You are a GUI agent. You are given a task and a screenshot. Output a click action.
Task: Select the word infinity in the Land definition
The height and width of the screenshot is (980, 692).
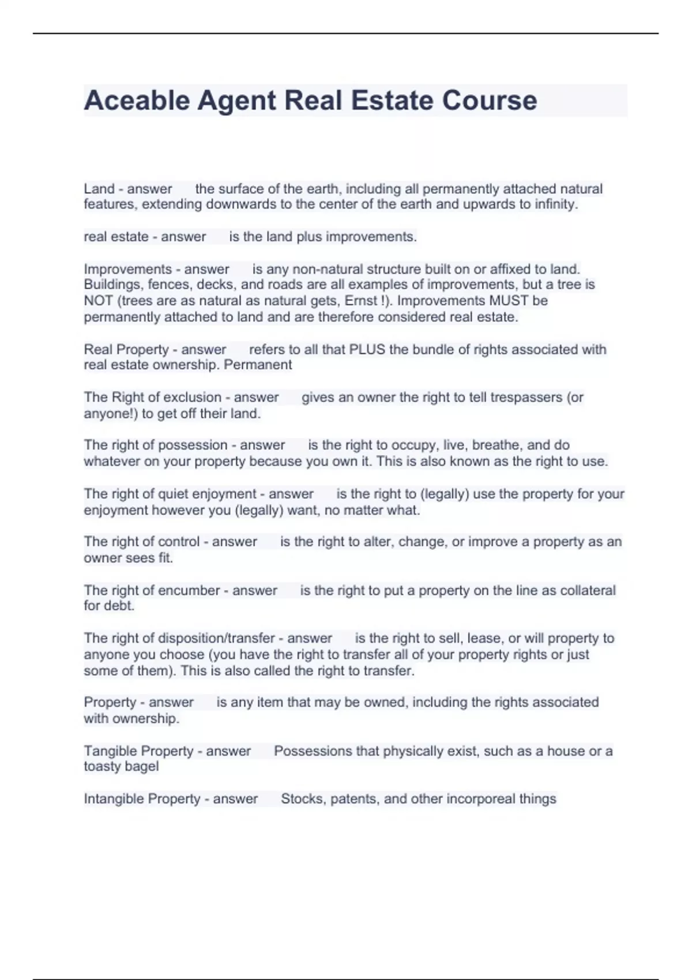click(x=555, y=204)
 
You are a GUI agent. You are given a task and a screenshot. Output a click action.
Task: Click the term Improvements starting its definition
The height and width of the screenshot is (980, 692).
click(x=127, y=269)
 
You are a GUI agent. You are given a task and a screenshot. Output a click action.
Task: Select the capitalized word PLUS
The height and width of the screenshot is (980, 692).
click(x=367, y=349)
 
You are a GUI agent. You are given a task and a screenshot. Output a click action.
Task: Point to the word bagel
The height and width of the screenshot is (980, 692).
click(x=142, y=766)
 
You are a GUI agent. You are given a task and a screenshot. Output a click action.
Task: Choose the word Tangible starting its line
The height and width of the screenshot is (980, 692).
click(x=110, y=751)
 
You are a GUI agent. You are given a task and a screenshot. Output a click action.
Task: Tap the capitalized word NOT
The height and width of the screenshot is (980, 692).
click(x=98, y=301)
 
